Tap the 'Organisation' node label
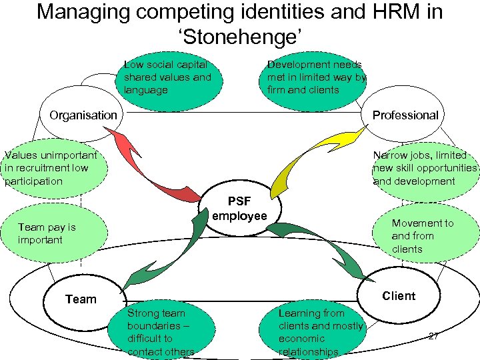tap(83, 115)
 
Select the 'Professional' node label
tap(405, 115)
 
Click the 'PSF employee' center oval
tap(239, 208)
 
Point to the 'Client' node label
tap(399, 296)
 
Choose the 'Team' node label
tap(81, 299)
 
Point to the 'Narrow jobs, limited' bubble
tap(425, 168)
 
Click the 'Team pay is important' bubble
tap(53, 233)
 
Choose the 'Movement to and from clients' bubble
tap(427, 236)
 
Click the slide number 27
tap(433, 336)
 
